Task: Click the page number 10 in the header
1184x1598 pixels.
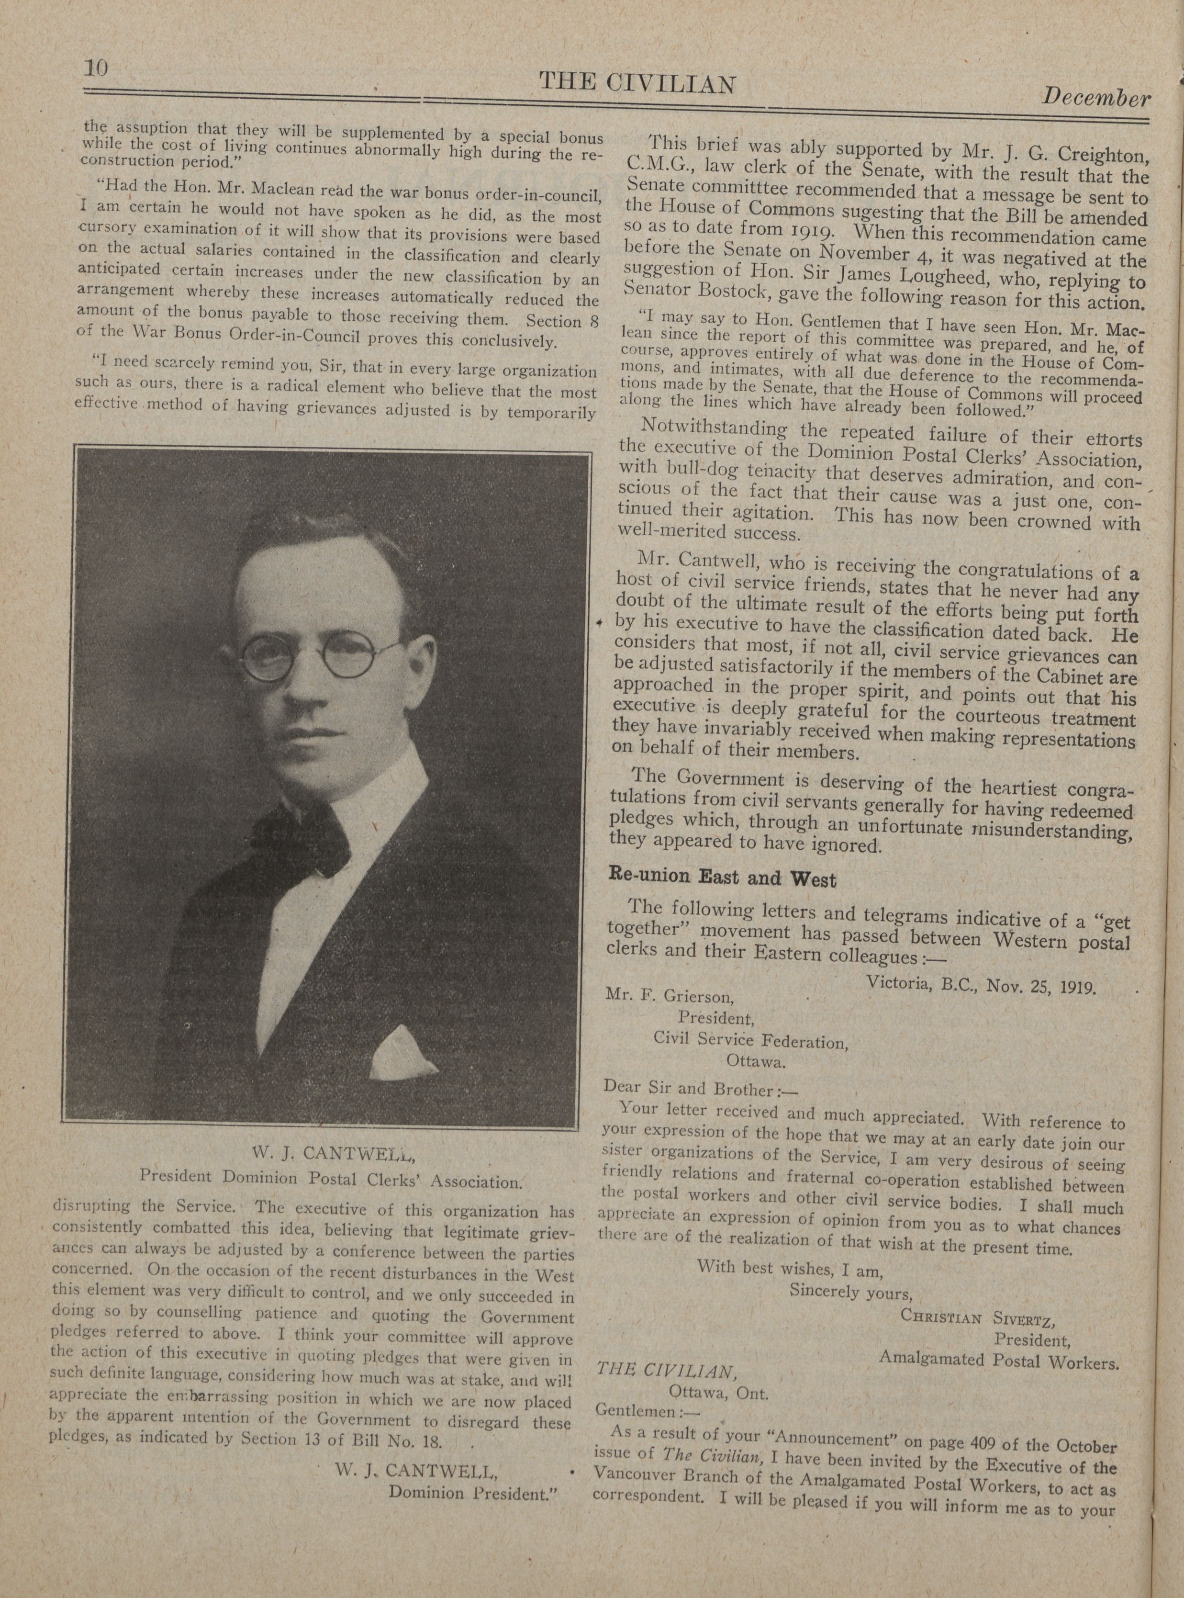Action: [x=95, y=68]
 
